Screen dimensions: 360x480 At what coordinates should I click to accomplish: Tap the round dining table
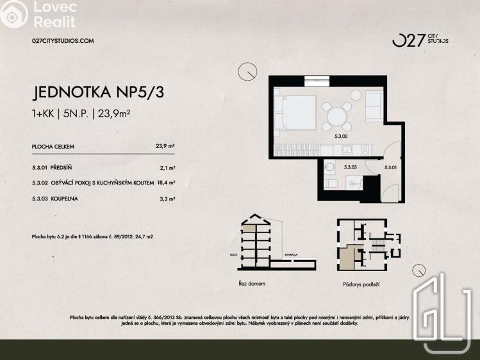click(337, 116)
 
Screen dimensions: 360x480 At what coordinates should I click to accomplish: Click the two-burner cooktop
click(365, 150)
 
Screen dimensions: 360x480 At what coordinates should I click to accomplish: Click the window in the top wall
click(317, 80)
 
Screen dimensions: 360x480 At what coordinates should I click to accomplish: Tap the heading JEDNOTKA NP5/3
click(98, 92)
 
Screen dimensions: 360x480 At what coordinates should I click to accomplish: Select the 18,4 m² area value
click(166, 183)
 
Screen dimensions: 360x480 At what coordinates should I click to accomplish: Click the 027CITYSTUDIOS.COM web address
click(63, 40)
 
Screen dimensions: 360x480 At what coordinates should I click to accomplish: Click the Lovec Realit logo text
click(54, 14)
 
